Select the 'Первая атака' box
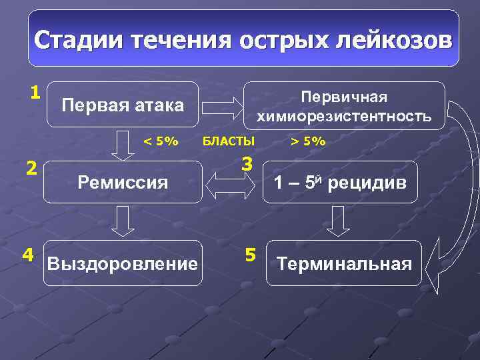pos(123,104)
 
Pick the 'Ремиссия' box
pos(123,181)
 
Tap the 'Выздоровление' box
pos(123,263)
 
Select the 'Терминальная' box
pos(344,263)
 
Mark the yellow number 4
pos(28,254)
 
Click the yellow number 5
pos(250,254)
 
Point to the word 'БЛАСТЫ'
pos(228,141)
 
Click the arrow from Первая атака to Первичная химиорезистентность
pos(223,105)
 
